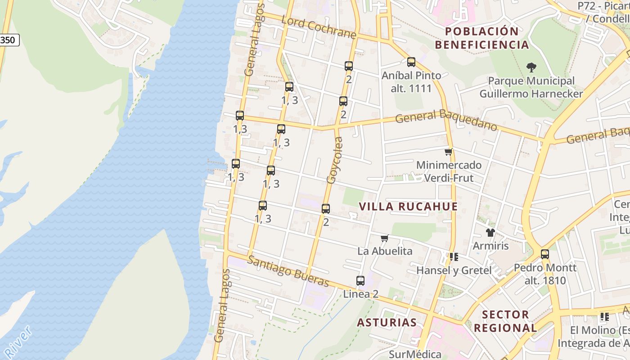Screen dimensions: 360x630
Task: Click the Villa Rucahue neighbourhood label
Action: [x=408, y=207]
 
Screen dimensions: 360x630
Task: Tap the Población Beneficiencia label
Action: [x=481, y=38]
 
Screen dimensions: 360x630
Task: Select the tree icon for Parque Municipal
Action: [x=531, y=68]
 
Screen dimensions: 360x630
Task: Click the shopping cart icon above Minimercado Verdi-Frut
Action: [x=448, y=152]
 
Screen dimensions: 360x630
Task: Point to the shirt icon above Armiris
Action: [x=490, y=233]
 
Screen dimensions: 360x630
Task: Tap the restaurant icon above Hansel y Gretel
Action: [x=454, y=257]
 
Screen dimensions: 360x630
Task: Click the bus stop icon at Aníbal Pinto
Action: [x=411, y=62]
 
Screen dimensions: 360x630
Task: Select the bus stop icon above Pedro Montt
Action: [x=545, y=254]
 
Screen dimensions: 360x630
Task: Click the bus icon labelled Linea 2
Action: [x=360, y=281]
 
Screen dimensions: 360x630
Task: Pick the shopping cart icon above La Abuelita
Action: [x=384, y=238]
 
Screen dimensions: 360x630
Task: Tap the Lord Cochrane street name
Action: [x=319, y=27]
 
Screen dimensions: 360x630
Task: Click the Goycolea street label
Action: [x=334, y=160]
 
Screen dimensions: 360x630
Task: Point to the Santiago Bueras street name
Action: [x=288, y=271]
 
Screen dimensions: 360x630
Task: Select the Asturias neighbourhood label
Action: [x=387, y=323]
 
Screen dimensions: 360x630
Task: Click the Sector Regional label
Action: [x=505, y=321]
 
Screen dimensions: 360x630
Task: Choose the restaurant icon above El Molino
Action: [x=604, y=317]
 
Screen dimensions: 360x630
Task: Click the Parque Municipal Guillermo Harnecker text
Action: [x=531, y=87]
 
